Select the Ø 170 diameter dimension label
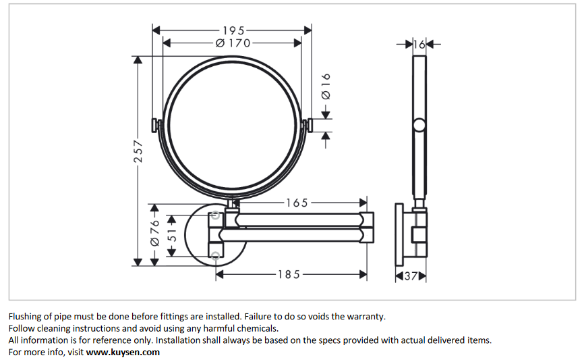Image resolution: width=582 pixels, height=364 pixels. coord(233,43)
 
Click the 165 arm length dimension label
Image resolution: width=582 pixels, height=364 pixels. coord(297,203)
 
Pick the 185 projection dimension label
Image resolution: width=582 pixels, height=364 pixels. coord(289,275)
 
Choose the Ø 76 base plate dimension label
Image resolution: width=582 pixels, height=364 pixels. coord(154,232)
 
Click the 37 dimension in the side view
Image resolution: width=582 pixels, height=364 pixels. coord(411,276)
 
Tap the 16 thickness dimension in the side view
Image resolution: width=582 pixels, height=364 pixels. coord(419,45)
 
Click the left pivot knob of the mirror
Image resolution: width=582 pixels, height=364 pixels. coord(155,125)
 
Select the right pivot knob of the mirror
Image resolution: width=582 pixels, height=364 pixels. coord(309,125)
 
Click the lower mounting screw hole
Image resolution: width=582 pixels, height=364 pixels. coord(215,255)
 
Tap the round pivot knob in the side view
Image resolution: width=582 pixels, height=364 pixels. coord(419,125)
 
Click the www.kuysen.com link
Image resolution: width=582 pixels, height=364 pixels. coord(123,352)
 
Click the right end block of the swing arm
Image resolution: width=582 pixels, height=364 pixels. coord(367,226)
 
